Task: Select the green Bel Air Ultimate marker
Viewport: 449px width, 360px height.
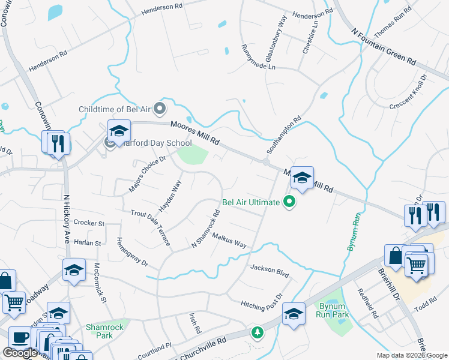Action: [x=290, y=202]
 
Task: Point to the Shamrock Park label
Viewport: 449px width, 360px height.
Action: [x=99, y=331]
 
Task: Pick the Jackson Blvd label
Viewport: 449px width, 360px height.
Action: [x=270, y=271]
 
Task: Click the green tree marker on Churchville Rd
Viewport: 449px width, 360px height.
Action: [x=257, y=332]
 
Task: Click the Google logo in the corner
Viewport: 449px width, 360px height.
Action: [x=20, y=353]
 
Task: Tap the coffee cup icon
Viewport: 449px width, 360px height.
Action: [x=20, y=338]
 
